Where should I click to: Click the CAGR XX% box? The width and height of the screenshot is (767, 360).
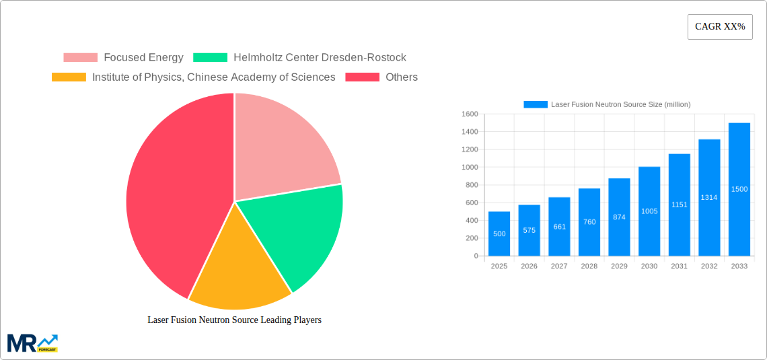click(720, 27)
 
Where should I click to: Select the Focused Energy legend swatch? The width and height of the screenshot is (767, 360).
click(80, 57)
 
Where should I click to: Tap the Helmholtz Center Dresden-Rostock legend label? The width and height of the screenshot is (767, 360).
click(320, 57)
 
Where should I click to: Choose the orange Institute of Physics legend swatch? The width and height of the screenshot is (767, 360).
click(69, 77)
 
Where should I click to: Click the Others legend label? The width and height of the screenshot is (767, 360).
click(402, 77)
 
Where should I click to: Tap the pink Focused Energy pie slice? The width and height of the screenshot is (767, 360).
click(283, 148)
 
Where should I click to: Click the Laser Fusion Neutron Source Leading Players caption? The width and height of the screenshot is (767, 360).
click(234, 320)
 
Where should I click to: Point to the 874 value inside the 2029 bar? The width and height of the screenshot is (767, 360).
click(619, 217)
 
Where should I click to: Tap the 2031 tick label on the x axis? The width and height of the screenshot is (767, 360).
click(679, 266)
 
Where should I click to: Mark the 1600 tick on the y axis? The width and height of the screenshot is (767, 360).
click(470, 114)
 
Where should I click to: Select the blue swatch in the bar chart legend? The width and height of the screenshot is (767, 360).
click(536, 104)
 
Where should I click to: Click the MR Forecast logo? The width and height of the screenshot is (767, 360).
click(32, 343)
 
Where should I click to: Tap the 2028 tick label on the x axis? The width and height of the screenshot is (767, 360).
click(589, 266)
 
